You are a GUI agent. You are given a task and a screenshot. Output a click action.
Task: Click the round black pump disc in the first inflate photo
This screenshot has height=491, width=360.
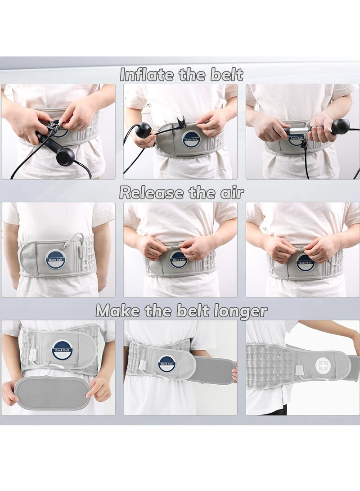pos(64,157)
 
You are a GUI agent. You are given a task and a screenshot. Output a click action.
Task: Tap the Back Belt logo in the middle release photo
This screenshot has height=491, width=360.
pos(178,260)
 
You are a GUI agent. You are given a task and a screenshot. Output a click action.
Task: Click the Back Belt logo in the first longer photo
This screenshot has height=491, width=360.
pos(61,351)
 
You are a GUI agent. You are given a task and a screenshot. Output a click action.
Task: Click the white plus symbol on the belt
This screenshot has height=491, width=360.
pos(323,365)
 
